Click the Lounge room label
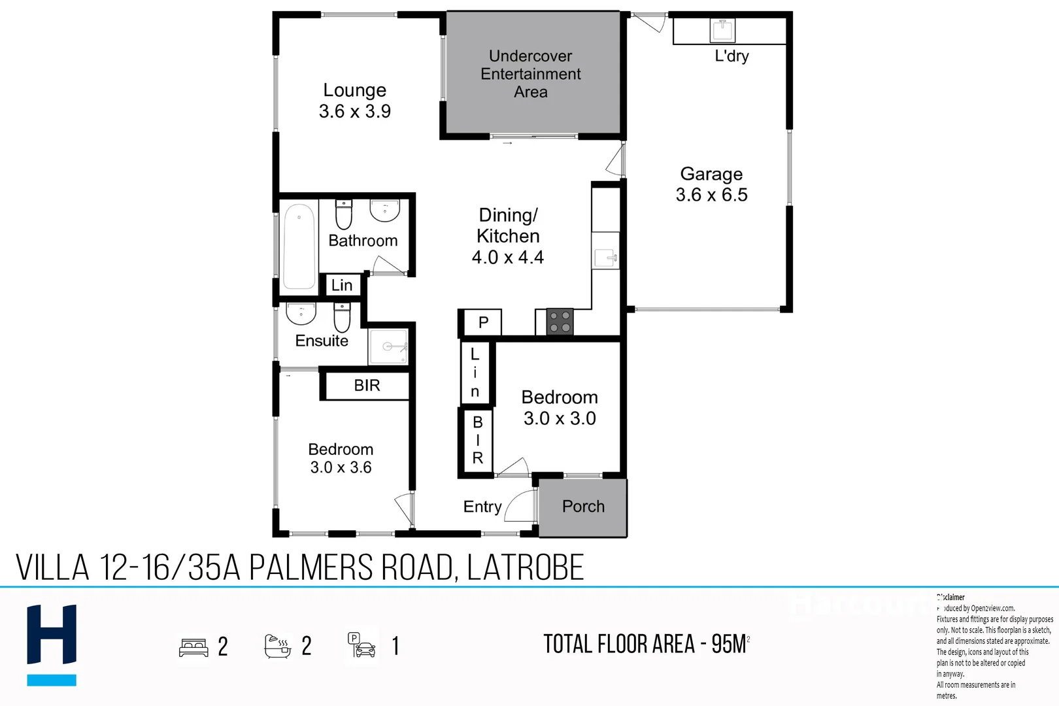[x=354, y=90]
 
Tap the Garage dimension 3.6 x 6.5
[x=711, y=195]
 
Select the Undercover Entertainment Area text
[x=530, y=74]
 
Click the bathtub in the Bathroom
[x=299, y=246]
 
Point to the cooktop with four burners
[x=560, y=322]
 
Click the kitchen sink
[x=606, y=258]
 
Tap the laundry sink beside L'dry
[x=723, y=29]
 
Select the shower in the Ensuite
[x=388, y=346]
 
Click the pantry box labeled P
[x=483, y=322]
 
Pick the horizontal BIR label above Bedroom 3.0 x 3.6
[x=367, y=386]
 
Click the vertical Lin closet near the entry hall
[x=475, y=373]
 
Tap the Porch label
[x=583, y=507]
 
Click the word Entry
[x=482, y=507]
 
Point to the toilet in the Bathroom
[x=344, y=214]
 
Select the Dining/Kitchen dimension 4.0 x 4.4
[x=508, y=258]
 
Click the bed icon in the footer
[x=193, y=647]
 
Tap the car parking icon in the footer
[x=361, y=646]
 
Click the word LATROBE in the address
[x=526, y=567]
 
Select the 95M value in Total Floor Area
[x=729, y=645]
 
